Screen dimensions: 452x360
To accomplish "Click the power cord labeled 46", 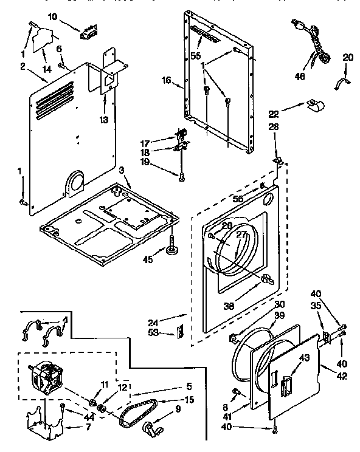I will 314,43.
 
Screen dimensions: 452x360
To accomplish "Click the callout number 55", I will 195,55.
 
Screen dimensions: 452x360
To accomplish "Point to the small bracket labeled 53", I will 179,332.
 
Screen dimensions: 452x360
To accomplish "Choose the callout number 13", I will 105,120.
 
